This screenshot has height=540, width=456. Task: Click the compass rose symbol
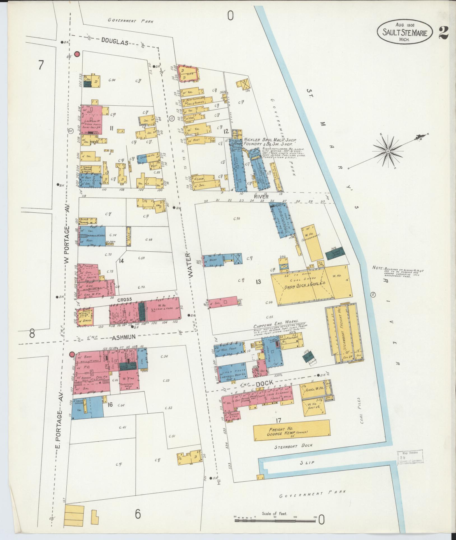[388, 152]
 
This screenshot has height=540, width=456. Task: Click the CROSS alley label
[124, 300]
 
